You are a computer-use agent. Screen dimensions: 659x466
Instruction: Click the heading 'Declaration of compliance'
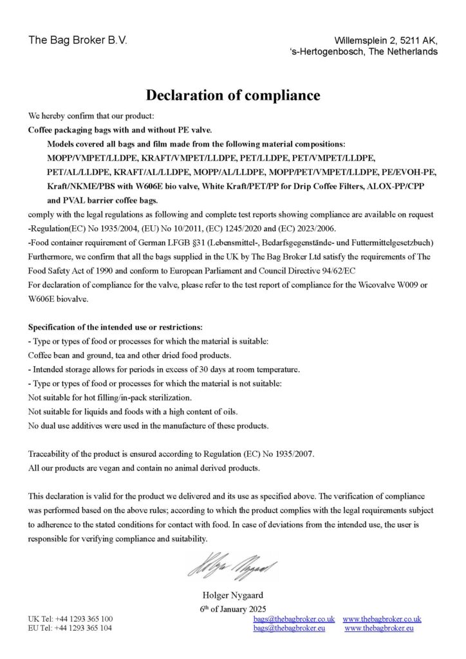tap(233, 95)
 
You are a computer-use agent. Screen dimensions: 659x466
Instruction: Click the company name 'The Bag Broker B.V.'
tap(78, 40)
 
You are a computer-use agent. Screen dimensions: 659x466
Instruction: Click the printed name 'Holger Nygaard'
tap(233, 595)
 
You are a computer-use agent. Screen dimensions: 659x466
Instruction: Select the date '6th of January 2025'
tap(233, 608)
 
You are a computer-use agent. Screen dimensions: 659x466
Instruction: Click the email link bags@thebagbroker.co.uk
tap(294, 618)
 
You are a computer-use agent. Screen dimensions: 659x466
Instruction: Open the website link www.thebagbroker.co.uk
tap(382, 618)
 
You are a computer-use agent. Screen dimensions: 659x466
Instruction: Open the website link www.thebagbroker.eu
tap(379, 627)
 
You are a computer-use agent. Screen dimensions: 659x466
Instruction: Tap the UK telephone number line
tap(70, 618)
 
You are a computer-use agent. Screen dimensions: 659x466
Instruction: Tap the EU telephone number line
tap(70, 627)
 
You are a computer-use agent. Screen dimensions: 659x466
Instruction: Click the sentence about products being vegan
tap(144, 468)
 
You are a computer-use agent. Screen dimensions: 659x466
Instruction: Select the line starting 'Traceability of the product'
tap(171, 454)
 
